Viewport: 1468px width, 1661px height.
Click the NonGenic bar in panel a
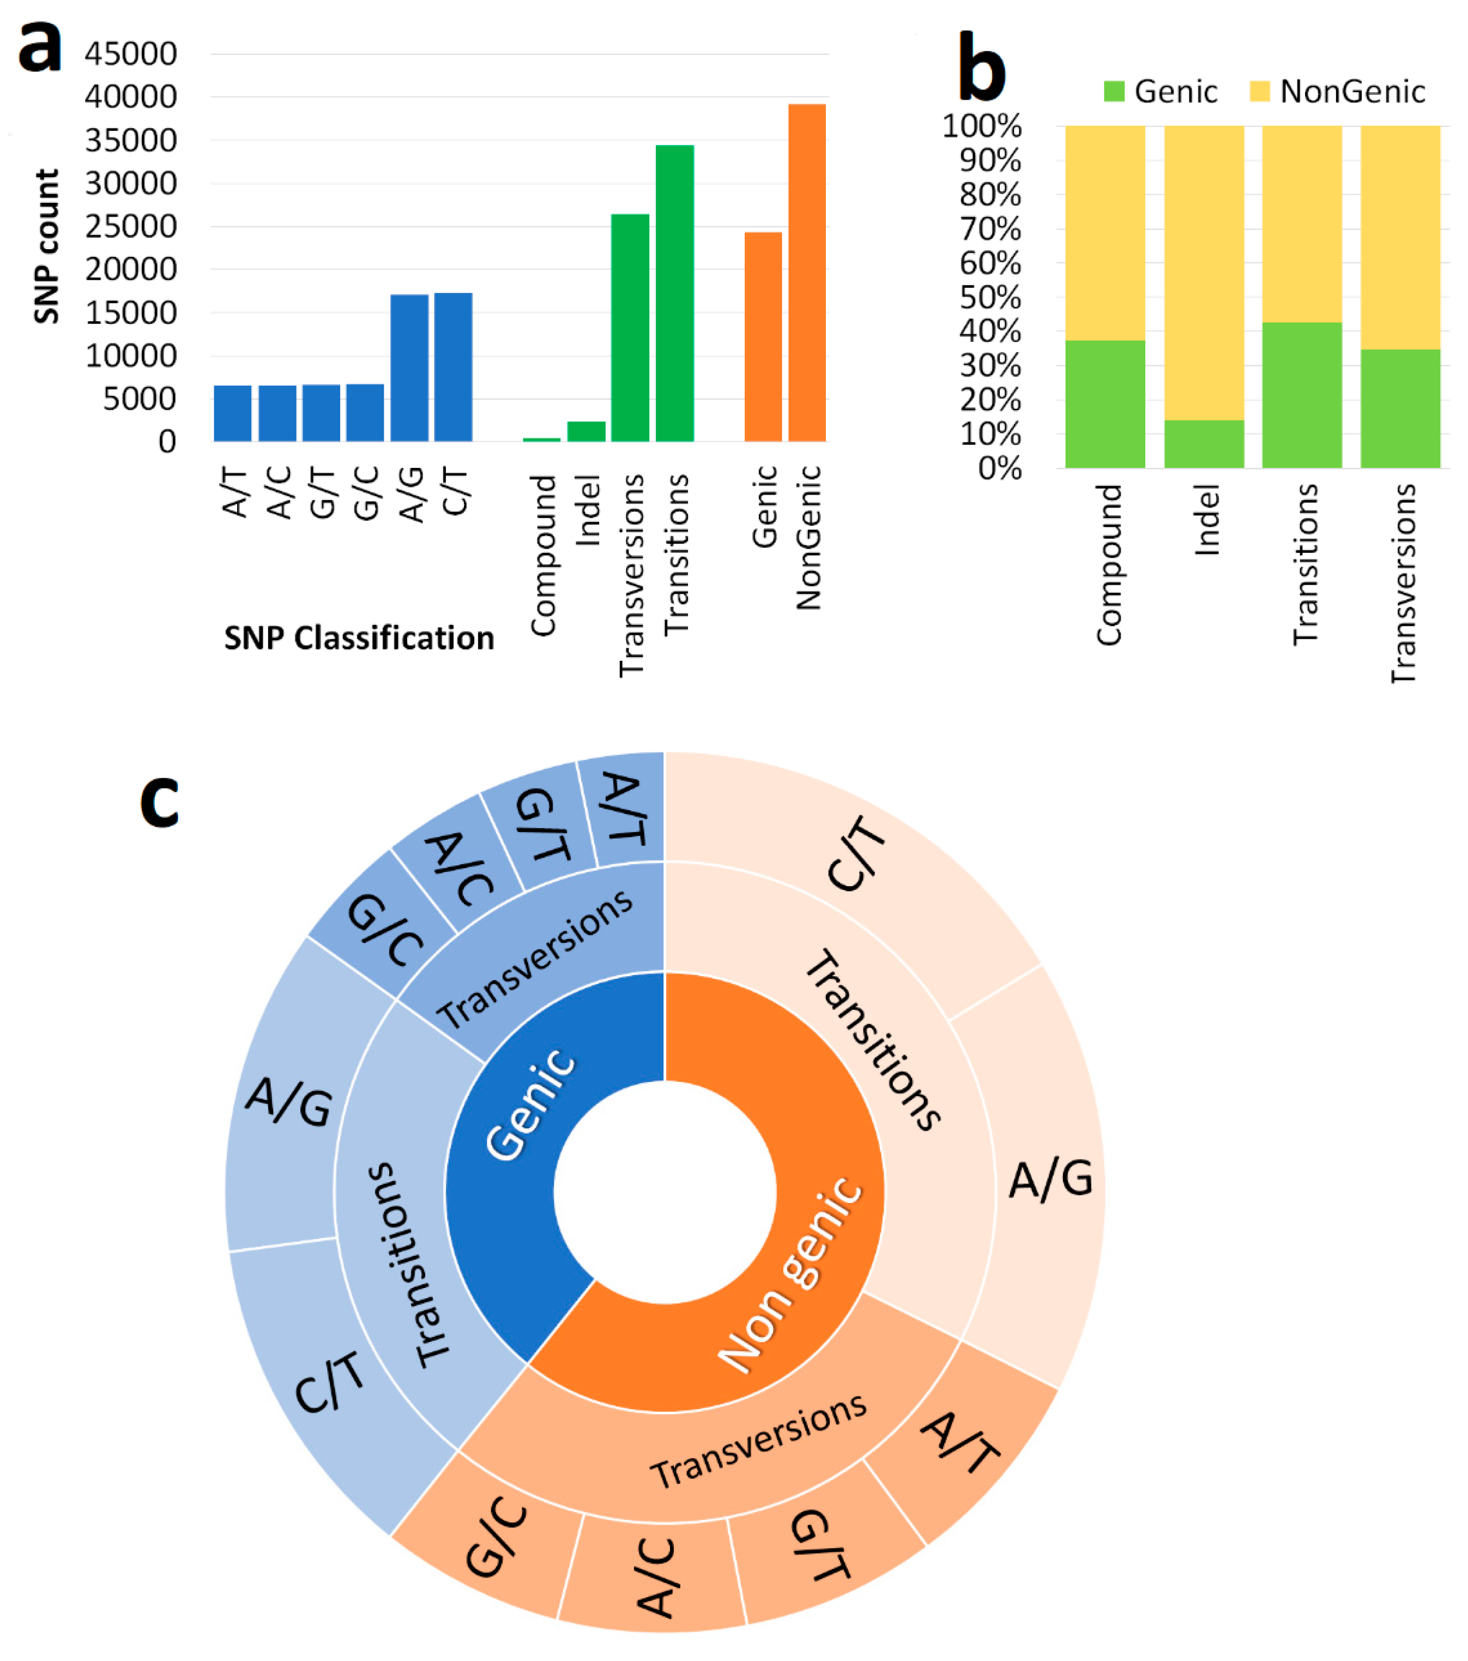807,272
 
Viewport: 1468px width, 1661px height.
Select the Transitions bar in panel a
674,292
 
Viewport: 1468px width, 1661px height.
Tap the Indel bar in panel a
586,431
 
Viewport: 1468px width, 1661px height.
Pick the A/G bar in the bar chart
409,368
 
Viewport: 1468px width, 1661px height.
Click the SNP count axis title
47,246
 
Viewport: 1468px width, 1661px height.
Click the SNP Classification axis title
359,639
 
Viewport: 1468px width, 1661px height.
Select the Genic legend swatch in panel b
1114,92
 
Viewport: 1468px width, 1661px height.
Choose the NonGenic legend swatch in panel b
1259,92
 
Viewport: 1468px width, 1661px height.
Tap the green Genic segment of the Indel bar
1204,444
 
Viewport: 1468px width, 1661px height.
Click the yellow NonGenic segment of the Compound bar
1105,232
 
